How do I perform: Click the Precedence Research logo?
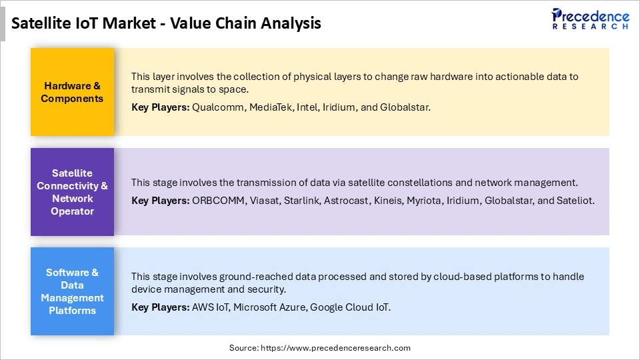[590, 19]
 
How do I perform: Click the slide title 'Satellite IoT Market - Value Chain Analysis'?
[167, 23]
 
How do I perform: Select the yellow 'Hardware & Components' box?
[72, 92]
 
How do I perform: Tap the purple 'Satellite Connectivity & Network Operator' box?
[72, 192]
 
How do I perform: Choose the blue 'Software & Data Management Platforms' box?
[72, 291]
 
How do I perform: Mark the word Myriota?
[423, 200]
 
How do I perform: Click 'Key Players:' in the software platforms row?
[160, 307]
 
